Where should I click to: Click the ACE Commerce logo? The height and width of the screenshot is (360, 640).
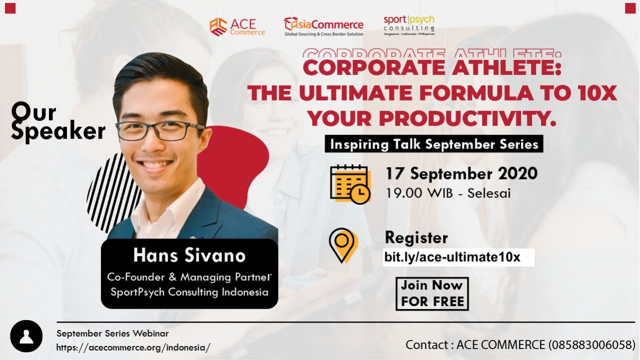237,27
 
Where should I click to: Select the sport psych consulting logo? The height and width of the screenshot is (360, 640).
409,25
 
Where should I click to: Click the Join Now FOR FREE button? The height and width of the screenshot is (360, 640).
432,293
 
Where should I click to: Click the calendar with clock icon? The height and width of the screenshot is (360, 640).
350,184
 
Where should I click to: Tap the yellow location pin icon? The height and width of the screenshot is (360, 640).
343,245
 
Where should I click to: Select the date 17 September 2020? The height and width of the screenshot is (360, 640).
461,173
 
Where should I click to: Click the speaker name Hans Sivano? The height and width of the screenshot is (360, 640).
189,255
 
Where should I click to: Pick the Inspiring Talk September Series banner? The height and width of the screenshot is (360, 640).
433,143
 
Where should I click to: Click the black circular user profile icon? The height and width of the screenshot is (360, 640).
26,336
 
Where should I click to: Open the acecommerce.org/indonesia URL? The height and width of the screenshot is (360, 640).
133,347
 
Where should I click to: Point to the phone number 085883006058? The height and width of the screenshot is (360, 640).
591,345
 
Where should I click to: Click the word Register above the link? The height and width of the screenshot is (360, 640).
416,237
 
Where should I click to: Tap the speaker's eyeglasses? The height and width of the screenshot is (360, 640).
160,130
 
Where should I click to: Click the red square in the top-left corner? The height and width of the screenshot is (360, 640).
10,8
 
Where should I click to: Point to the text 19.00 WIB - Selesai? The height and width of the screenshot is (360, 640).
448,193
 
